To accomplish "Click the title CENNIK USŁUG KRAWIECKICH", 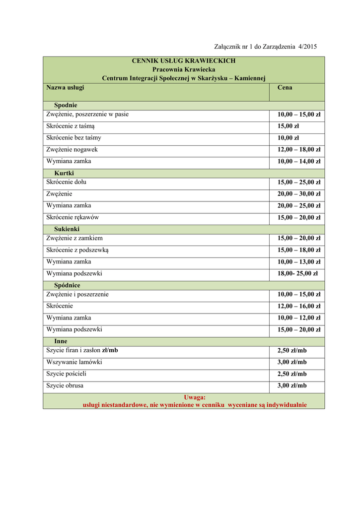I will pyautogui.click(x=184, y=61).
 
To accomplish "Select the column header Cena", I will pyautogui.click(x=285, y=88).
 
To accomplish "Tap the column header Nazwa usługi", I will pyautogui.click(x=65, y=88).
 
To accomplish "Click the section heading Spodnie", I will pyautogui.click(x=66, y=106).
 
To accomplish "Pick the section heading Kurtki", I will pyautogui.click(x=64, y=173).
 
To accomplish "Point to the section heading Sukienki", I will pyautogui.click(x=67, y=229).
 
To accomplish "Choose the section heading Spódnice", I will pyautogui.click(x=67, y=286).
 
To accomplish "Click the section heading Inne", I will pyautogui.click(x=61, y=342).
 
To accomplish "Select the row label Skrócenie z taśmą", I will pyautogui.click(x=70, y=126).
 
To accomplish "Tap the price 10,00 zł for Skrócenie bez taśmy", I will pyautogui.click(x=288, y=138).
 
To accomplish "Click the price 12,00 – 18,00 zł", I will pyautogui.click(x=298, y=150).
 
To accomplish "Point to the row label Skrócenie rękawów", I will pyautogui.click(x=72, y=217).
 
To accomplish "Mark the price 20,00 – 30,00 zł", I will pyautogui.click(x=298, y=194).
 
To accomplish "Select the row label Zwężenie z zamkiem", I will pyautogui.click(x=74, y=238).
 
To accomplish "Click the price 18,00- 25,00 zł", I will pyautogui.click(x=297, y=273).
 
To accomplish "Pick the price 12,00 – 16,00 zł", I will pyautogui.click(x=298, y=306).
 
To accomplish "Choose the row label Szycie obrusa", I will pyautogui.click(x=65, y=385).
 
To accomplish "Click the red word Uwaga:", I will pyautogui.click(x=195, y=397).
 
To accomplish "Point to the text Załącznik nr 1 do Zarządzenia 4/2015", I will pyautogui.click(x=265, y=47).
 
